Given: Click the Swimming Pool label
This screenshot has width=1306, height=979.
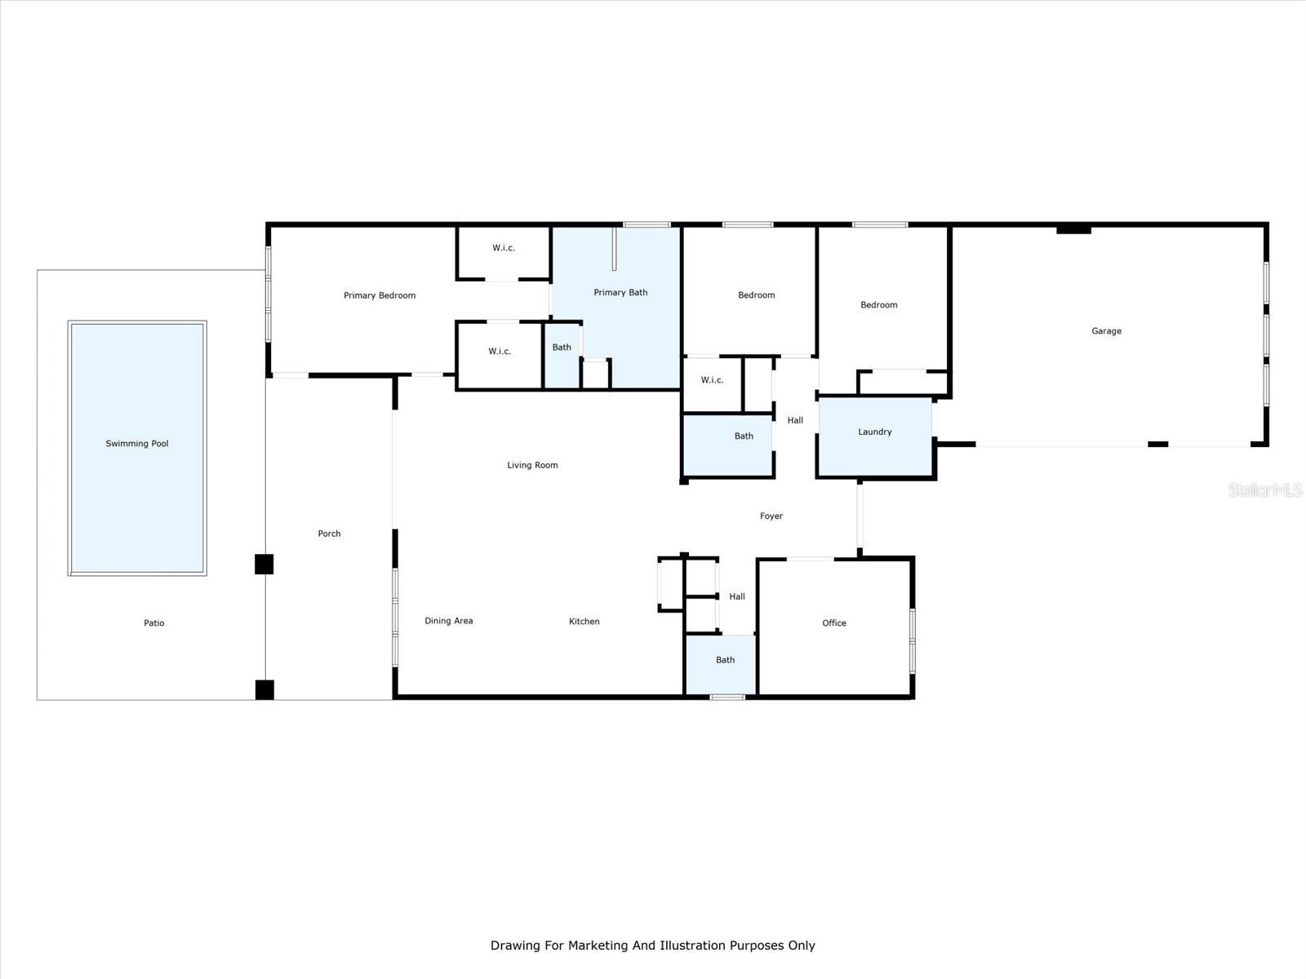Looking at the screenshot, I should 137,444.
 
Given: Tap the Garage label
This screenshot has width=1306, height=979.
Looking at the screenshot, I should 1106,331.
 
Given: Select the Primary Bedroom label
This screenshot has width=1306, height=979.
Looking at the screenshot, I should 380,295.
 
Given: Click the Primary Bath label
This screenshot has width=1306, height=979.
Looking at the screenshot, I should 620,292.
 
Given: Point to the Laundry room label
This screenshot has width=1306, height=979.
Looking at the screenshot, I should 874,432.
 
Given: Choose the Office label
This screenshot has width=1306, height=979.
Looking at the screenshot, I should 833,623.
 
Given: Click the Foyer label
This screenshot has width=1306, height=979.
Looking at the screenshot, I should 771,516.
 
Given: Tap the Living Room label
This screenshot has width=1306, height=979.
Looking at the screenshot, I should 532,465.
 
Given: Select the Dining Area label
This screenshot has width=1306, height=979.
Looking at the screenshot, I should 448,621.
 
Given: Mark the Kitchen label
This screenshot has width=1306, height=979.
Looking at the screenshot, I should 584,622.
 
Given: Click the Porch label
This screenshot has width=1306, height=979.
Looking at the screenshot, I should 329,534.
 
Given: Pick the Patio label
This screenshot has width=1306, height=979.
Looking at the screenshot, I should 154,623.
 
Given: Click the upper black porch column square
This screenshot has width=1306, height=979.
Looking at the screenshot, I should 264,564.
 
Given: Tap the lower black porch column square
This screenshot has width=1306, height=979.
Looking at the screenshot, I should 264,689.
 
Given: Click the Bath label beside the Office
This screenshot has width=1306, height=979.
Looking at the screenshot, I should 725,660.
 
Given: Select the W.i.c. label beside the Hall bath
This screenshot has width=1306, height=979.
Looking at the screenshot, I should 712,380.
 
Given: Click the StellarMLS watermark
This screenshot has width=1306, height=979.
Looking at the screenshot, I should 1265,489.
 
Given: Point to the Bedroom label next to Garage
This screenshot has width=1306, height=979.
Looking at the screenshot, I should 878,305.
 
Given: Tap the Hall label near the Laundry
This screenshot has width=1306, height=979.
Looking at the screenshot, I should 794,421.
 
